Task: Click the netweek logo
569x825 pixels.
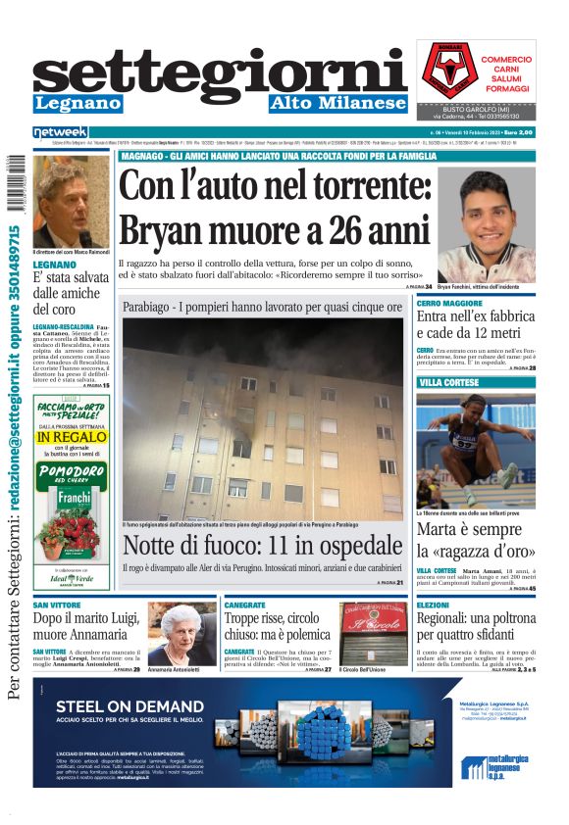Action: tap(60, 131)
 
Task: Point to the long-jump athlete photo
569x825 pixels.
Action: tap(476, 447)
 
